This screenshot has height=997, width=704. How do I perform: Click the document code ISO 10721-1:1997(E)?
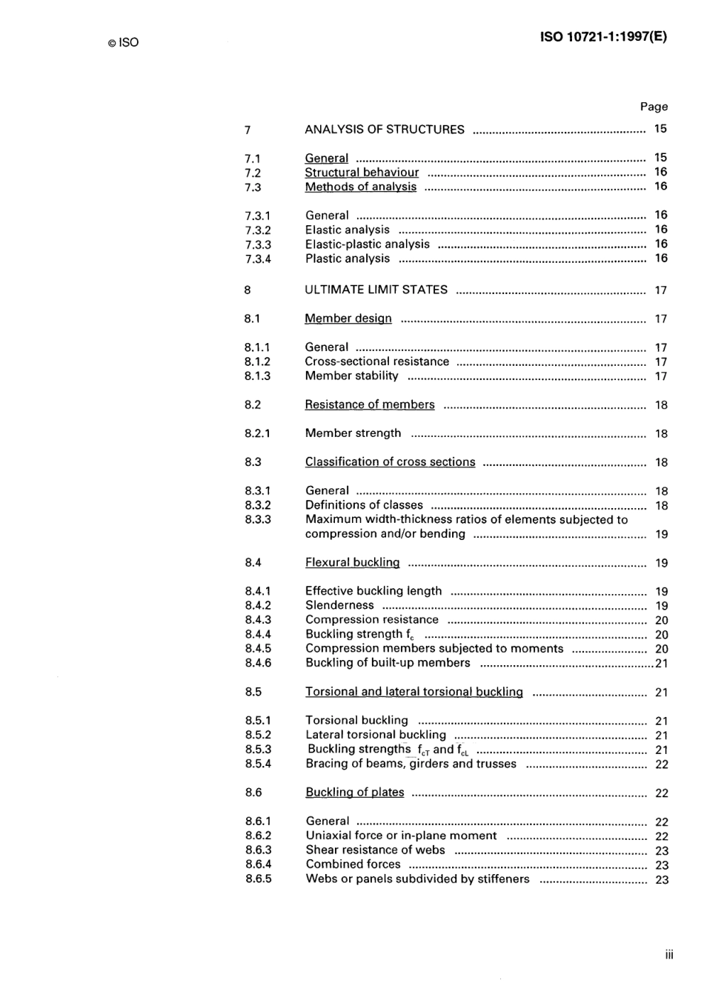(603, 37)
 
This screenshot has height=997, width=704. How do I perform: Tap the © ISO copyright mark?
(123, 43)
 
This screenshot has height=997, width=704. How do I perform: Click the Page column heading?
(654, 107)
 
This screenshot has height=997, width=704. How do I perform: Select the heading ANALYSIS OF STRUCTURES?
(384, 130)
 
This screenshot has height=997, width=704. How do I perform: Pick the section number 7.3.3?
(258, 244)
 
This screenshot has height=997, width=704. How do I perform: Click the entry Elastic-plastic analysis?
(367, 244)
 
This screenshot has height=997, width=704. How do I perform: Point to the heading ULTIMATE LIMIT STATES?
(376, 290)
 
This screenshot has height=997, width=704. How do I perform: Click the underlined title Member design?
(348, 319)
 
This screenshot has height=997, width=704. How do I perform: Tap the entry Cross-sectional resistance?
(376, 361)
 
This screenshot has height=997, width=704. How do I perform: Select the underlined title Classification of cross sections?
(390, 462)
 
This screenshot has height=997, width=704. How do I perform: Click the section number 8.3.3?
(258, 519)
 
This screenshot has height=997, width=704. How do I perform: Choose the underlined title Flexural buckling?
(352, 563)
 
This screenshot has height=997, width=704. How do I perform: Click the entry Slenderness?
(339, 605)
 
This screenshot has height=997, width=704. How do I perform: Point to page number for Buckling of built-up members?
(662, 664)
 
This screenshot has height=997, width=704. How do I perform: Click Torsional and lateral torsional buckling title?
(414, 692)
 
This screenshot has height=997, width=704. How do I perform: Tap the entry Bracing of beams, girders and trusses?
(411, 764)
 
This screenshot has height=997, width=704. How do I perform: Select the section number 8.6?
(253, 793)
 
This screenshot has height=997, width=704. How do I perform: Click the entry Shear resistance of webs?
(375, 850)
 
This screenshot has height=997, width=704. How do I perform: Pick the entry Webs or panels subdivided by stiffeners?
(417, 879)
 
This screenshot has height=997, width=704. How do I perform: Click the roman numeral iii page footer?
(669, 955)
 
